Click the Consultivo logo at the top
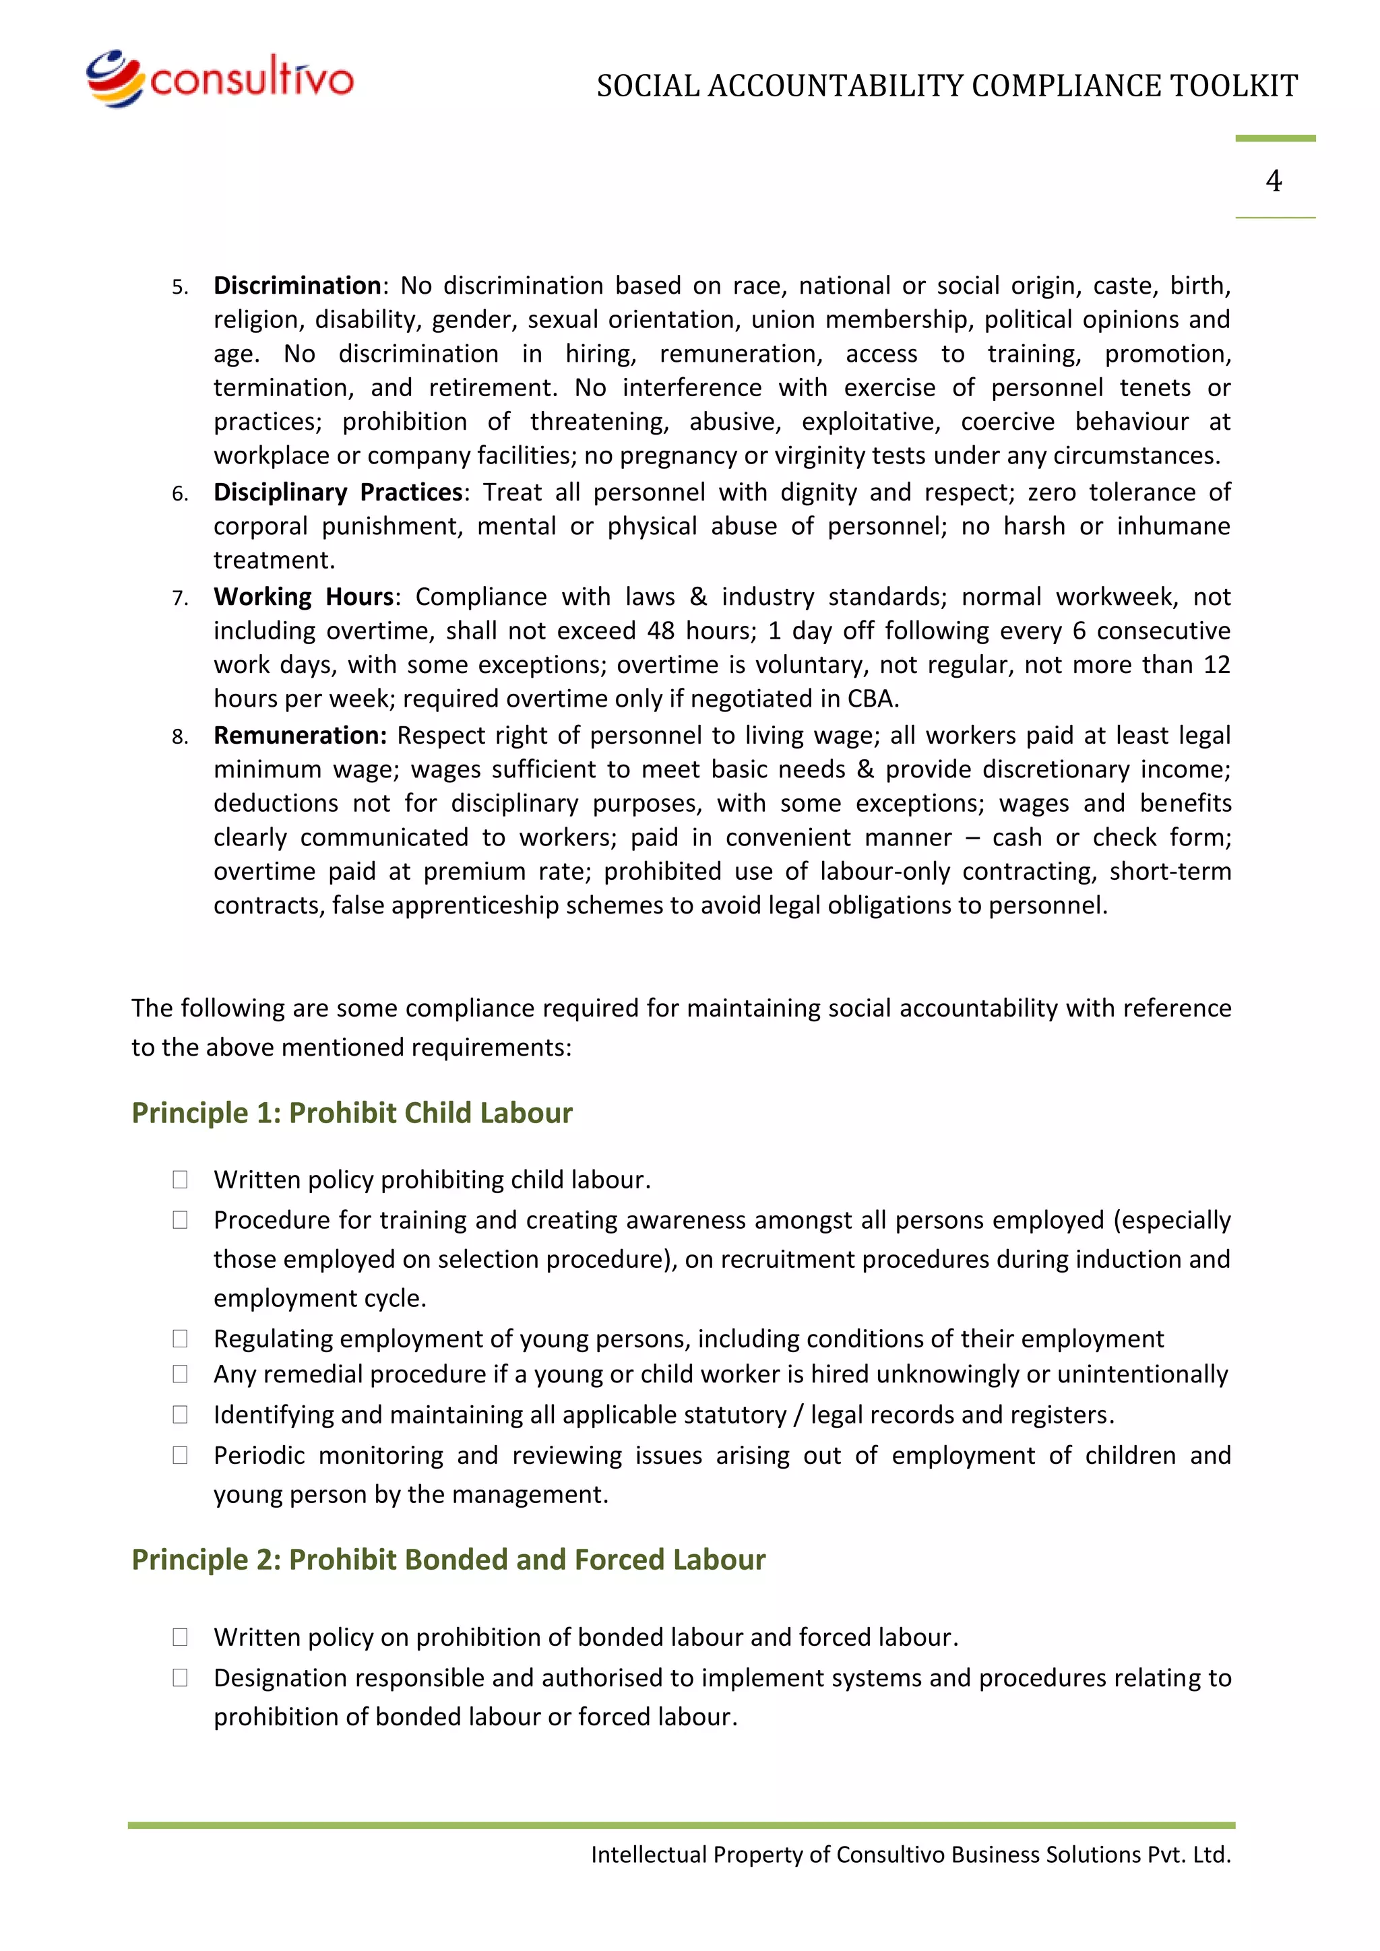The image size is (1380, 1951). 219,79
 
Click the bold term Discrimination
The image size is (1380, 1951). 297,286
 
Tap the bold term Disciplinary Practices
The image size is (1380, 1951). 338,492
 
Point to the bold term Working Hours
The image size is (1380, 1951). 303,596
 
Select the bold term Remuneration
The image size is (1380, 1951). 299,735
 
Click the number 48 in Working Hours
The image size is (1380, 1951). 662,631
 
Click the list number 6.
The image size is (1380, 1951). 179,494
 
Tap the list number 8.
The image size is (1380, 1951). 179,737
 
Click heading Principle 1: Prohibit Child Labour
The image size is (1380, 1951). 352,1112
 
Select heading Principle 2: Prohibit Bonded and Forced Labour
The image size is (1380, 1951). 448,1560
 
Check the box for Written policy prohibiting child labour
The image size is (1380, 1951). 180,1180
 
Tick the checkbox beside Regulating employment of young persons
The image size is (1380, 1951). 180,1339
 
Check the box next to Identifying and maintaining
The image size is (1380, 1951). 180,1414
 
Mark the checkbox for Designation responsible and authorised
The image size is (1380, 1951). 180,1677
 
